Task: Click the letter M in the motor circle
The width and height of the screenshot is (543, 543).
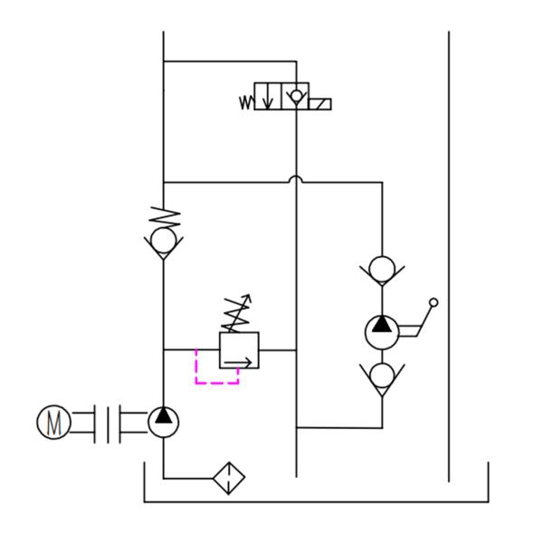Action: (53, 422)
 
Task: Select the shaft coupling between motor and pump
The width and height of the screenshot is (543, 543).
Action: (109, 422)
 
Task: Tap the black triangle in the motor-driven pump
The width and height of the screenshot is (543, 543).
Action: (163, 416)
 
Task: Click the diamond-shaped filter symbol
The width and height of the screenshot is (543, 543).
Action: (229, 478)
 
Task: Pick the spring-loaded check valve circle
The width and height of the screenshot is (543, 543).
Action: (163, 241)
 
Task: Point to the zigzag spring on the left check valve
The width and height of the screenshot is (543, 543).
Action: (164, 218)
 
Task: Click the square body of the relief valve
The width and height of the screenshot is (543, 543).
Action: (239, 349)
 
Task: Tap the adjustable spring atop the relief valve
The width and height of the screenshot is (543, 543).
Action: (238, 313)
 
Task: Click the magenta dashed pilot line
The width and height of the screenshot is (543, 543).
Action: (217, 382)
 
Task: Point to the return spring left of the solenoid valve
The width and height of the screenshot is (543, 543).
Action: (246, 102)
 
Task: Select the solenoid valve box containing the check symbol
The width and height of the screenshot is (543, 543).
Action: (295, 96)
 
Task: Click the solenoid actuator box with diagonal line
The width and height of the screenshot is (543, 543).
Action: (319, 104)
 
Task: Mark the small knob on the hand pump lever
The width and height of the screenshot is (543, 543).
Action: (433, 302)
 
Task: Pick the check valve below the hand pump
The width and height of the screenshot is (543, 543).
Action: (381, 374)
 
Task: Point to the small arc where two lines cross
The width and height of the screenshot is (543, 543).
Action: (296, 179)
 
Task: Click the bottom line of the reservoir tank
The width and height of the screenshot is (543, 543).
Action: (317, 501)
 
